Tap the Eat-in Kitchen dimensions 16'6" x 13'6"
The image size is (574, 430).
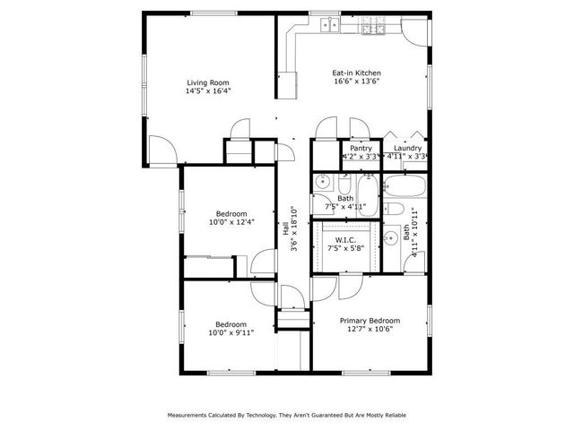click(357, 82)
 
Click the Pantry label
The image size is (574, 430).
click(361, 148)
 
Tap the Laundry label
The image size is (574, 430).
click(407, 148)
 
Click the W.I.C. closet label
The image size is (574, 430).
click(344, 240)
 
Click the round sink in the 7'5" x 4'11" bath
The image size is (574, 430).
click(324, 183)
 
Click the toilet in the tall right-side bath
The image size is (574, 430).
click(396, 211)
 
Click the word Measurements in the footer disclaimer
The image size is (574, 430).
click(190, 416)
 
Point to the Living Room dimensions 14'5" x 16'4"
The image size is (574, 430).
click(208, 90)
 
